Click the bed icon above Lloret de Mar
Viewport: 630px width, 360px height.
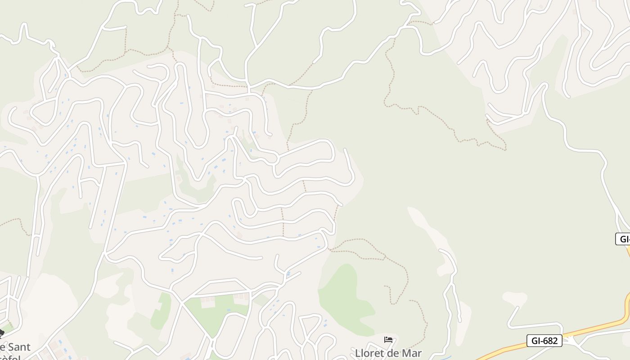point(388,340)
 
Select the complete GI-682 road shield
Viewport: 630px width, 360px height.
point(544,341)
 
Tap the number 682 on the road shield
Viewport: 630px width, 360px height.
point(550,341)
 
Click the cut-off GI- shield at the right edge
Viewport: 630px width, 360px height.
point(623,239)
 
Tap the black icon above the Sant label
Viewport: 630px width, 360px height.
point(1,333)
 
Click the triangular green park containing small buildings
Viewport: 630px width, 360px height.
point(216,310)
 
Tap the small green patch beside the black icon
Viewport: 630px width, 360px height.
point(6,327)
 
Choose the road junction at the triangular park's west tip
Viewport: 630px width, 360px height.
point(183,300)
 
